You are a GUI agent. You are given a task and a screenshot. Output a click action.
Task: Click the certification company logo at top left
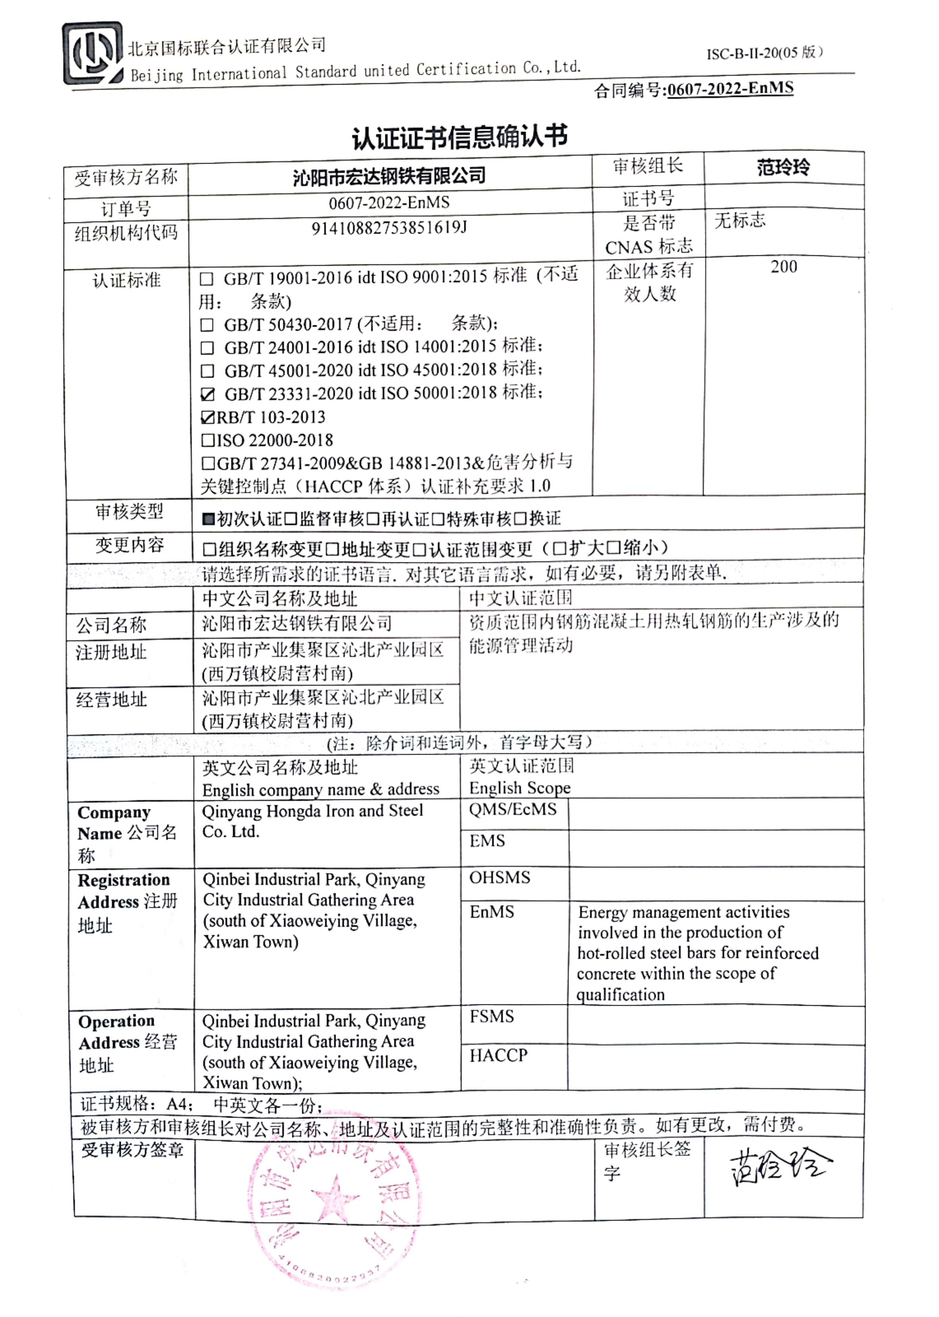coord(93,54)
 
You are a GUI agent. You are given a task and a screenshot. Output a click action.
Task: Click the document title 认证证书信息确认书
coord(460,137)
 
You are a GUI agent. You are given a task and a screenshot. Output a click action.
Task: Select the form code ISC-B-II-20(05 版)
coord(764,53)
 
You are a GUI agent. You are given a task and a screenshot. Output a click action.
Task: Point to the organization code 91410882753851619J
coord(389,228)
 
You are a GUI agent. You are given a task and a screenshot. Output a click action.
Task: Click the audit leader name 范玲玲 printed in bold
coord(783,168)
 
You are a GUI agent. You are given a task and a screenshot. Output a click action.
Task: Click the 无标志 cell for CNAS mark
coord(740,220)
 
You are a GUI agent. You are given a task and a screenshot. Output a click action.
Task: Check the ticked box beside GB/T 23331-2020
coord(207,394)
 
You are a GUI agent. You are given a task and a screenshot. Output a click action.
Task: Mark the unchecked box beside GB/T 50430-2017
coord(207,325)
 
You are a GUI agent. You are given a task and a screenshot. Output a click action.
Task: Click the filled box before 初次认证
coord(208,519)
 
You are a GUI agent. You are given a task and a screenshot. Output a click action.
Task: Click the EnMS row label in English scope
coord(491,912)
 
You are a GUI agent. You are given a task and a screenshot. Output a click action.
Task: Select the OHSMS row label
coord(500,877)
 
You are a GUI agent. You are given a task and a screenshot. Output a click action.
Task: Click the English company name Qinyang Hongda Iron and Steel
coord(312,811)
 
